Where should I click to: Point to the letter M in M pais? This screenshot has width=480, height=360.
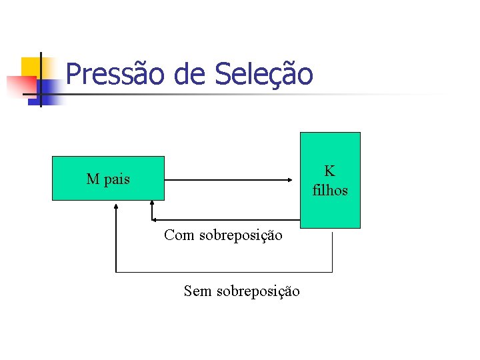point(93,179)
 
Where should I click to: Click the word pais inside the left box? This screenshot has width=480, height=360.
point(116,179)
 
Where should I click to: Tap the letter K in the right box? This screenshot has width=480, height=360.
point(330,172)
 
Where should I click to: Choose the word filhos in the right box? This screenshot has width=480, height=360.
point(330,190)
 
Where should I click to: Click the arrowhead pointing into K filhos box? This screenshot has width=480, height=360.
point(290,180)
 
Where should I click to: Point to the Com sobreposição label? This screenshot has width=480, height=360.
point(223,235)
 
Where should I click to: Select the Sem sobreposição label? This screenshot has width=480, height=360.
point(241,291)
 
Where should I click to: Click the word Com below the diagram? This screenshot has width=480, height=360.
point(180,235)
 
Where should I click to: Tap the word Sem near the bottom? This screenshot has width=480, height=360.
point(198,291)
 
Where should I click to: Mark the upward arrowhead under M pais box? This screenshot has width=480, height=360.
point(116,207)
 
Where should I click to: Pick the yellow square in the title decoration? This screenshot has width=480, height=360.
point(31,67)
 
